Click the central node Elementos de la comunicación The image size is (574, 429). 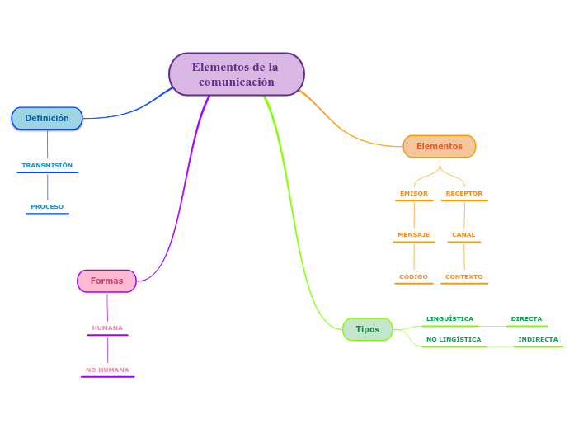pyautogui.click(x=237, y=74)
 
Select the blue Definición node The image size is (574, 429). pyautogui.click(x=47, y=118)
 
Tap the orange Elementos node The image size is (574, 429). pyautogui.click(x=440, y=146)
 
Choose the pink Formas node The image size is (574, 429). pyautogui.click(x=106, y=280)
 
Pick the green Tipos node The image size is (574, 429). pyautogui.click(x=368, y=329)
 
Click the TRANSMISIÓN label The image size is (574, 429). pyautogui.click(x=47, y=165)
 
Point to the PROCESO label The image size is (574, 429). pyautogui.click(x=47, y=206)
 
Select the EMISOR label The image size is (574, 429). pyautogui.click(x=414, y=193)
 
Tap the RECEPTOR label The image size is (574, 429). pyautogui.click(x=464, y=193)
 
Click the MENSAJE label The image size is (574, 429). pyautogui.click(x=414, y=234)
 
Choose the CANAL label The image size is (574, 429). pyautogui.click(x=463, y=234)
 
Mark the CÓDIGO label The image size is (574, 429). pyautogui.click(x=414, y=276)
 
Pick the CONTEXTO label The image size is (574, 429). pyautogui.click(x=464, y=276)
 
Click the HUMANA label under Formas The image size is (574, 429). pyautogui.click(x=107, y=328)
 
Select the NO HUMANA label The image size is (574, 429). pyautogui.click(x=107, y=370)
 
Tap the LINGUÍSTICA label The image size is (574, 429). pyautogui.click(x=449, y=318)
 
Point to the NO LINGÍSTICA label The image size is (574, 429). pyautogui.click(x=454, y=339)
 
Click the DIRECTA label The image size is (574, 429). pyautogui.click(x=526, y=318)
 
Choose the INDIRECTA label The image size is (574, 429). pyautogui.click(x=538, y=339)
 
